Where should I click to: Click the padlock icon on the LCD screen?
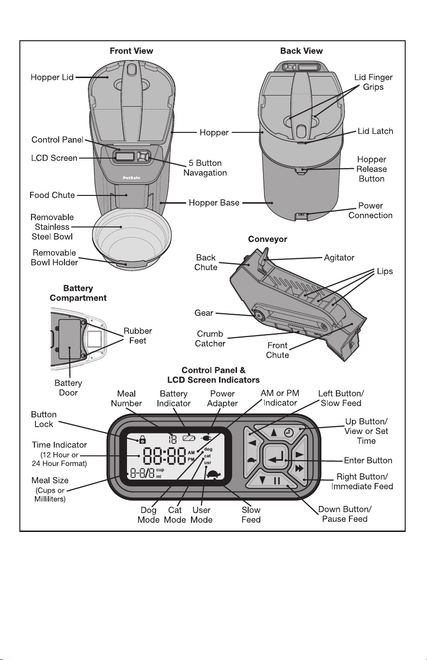coord(142,440)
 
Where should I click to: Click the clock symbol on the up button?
coord(288,433)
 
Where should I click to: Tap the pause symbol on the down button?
coord(277,481)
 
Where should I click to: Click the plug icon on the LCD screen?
coord(206,438)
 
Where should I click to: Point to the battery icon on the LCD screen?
coord(189,438)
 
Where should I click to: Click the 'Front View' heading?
coord(131,51)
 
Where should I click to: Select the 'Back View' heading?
coord(301,51)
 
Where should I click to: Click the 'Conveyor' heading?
coord(268,239)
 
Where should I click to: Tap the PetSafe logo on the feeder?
coord(132,177)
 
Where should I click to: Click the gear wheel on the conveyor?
coord(258,316)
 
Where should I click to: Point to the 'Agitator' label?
coord(339,258)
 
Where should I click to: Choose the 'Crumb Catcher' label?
coord(210,338)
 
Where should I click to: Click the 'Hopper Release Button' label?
coord(371,169)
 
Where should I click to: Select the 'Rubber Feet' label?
coord(138,336)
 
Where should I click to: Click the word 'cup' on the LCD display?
coord(160,469)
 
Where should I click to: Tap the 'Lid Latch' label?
coord(375,131)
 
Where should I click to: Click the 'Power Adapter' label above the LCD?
coord(222,398)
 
